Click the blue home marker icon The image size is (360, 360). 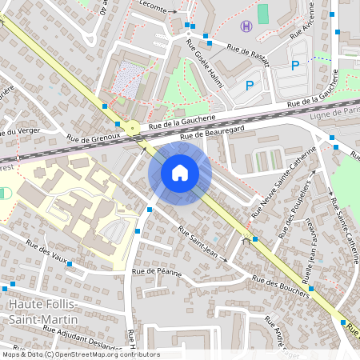(x=180, y=173)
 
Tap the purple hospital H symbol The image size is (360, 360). (x=246, y=26)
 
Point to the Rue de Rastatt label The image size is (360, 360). (x=249, y=54)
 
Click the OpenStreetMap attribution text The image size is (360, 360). (x=81, y=354)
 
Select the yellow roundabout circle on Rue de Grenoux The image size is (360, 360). (x=132, y=127)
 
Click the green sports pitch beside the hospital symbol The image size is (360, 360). (x=263, y=14)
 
